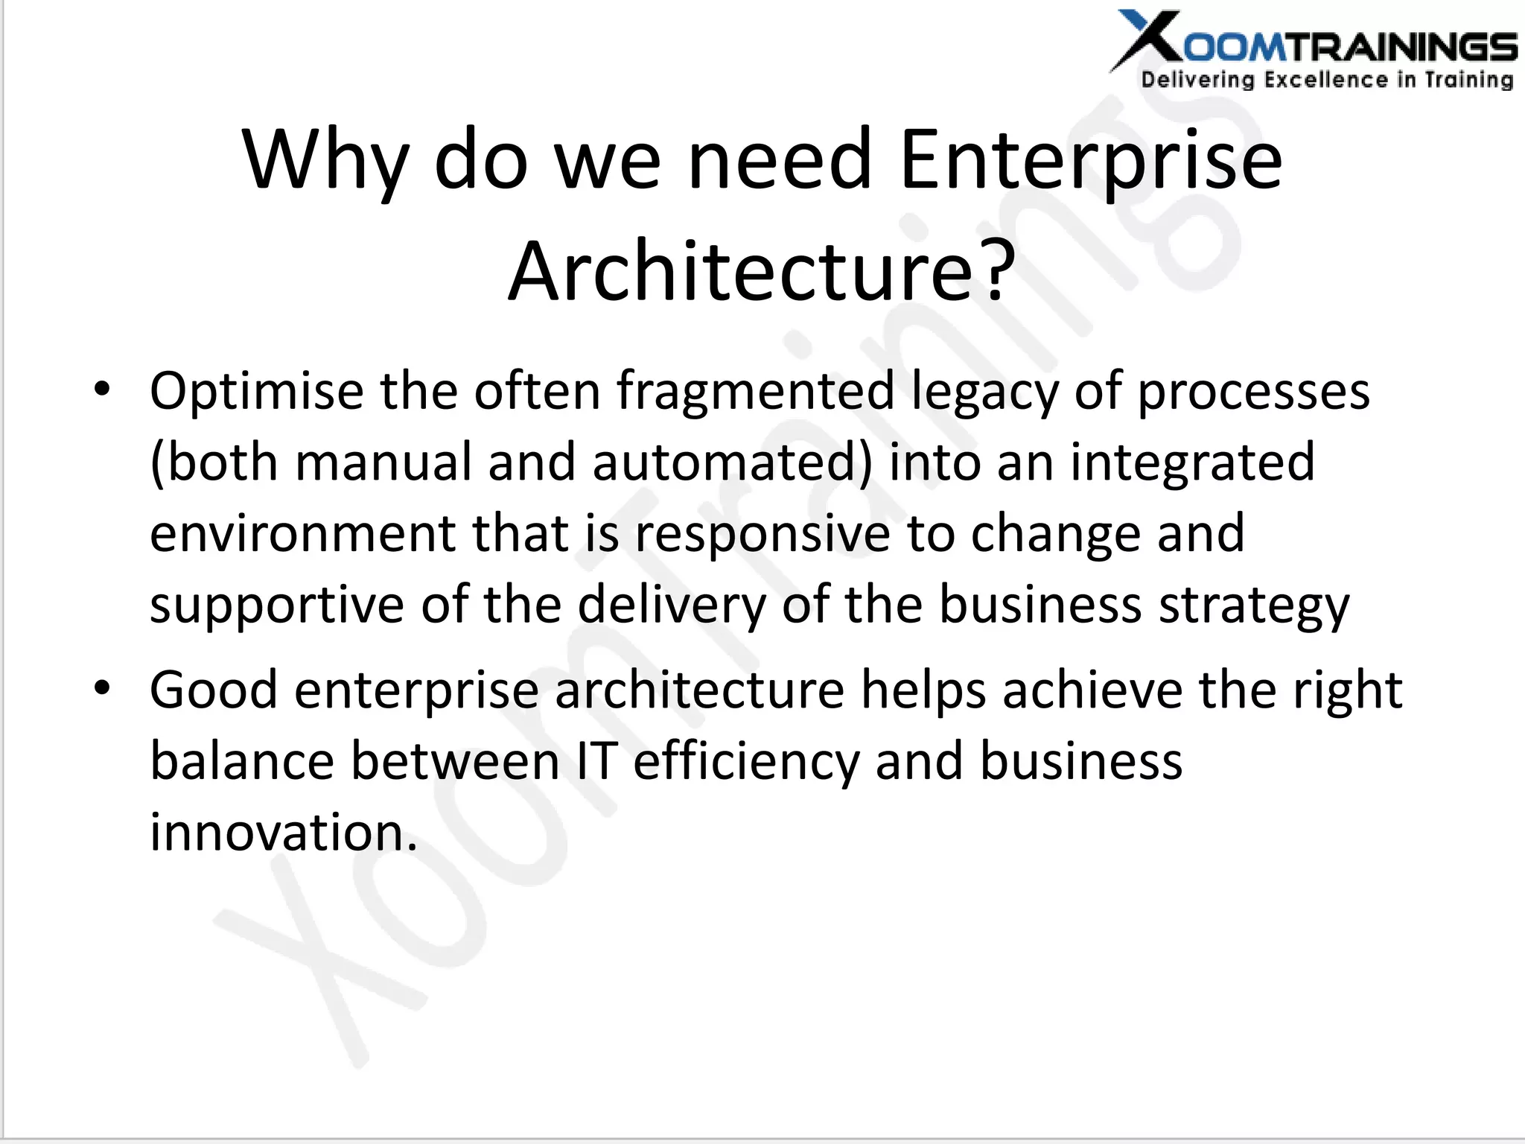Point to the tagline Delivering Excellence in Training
click(x=1327, y=80)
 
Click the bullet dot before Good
click(x=102, y=688)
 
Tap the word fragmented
click(x=755, y=391)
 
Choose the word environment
click(x=302, y=533)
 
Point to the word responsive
click(x=762, y=535)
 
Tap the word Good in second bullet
click(x=214, y=690)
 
